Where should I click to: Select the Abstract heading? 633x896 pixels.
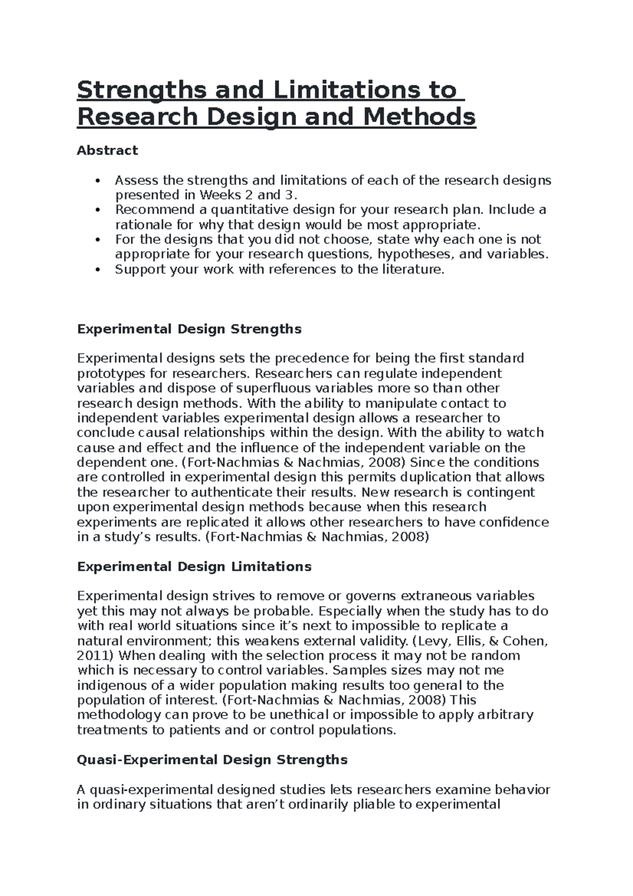pos(107,150)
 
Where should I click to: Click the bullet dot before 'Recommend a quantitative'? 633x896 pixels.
pos(97,210)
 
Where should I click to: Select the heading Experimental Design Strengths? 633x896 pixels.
pos(189,329)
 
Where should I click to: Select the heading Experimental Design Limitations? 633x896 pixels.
pos(194,567)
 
